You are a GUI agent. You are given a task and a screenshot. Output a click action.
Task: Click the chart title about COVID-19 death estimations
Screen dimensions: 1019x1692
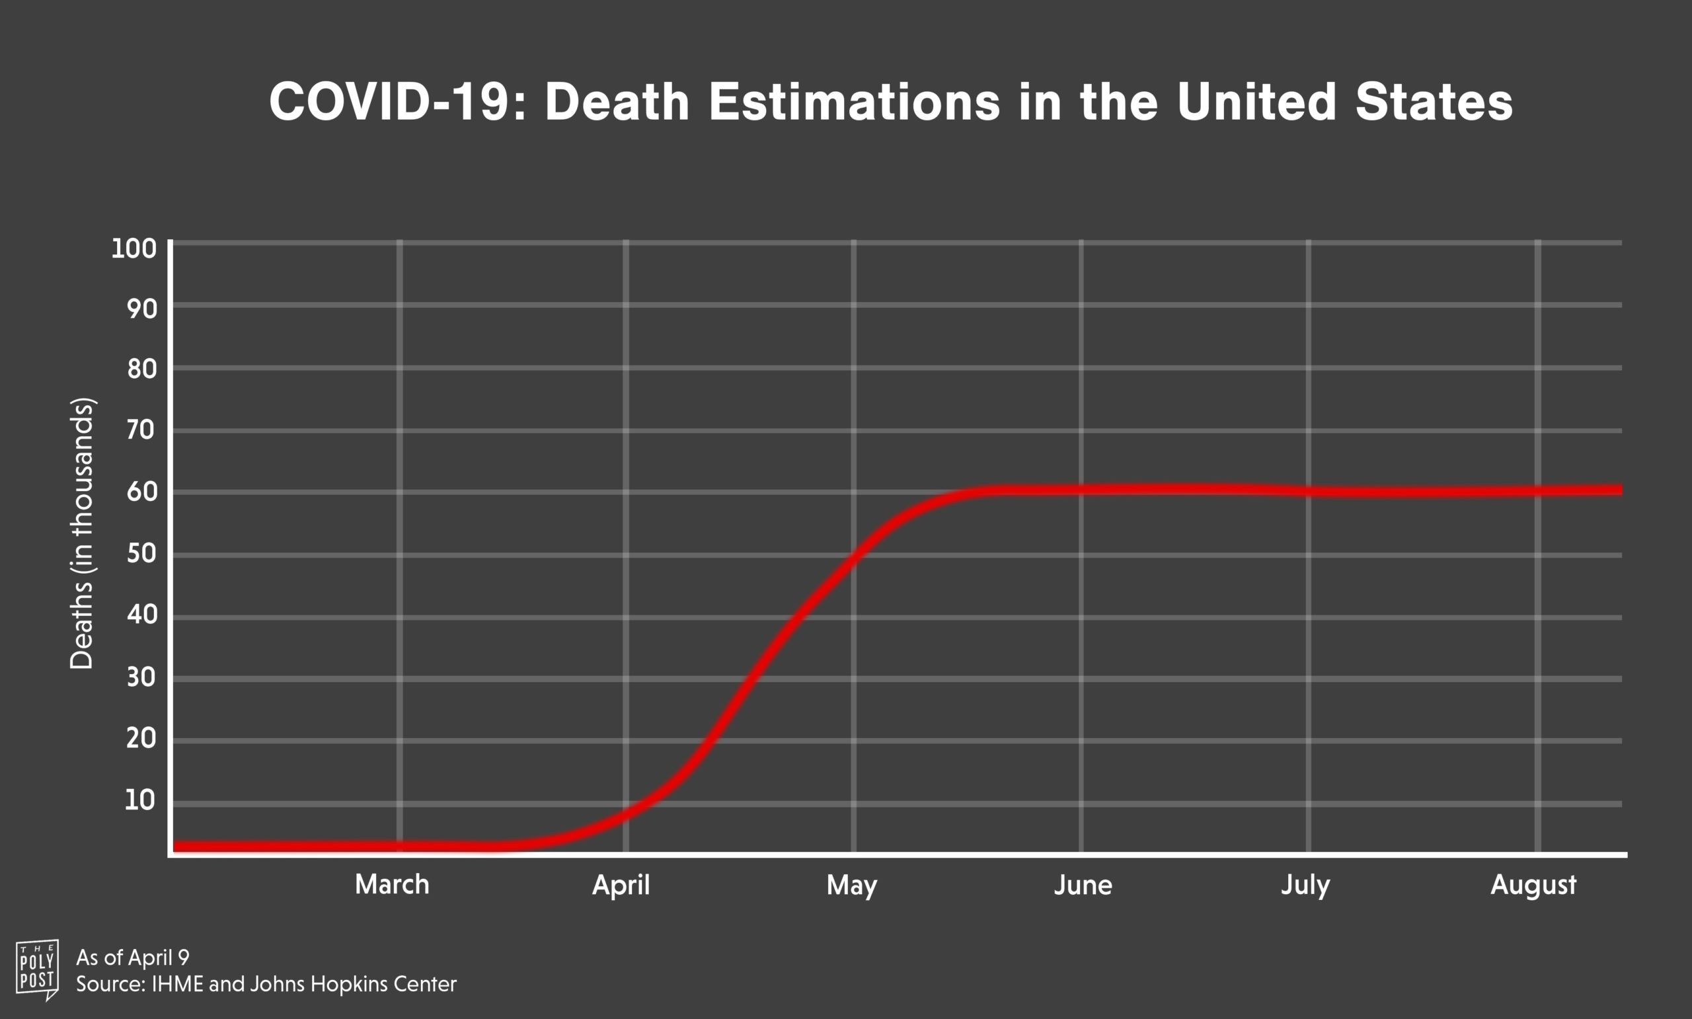point(891,102)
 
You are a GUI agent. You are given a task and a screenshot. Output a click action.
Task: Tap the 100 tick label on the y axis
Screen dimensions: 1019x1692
point(134,248)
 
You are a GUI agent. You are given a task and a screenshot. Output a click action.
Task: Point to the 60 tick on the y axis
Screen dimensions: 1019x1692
point(142,492)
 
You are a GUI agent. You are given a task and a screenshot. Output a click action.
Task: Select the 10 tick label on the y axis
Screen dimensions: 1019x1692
point(140,800)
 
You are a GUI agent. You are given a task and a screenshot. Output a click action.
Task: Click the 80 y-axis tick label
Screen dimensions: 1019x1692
point(142,369)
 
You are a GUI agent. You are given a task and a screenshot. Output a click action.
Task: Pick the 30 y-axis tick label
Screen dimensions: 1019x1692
point(142,678)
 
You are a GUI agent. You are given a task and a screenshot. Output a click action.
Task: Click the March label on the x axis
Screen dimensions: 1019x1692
point(392,884)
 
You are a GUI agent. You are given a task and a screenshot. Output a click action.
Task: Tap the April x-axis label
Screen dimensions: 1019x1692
point(621,886)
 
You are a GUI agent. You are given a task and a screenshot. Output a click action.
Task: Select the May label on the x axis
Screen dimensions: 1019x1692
point(851,886)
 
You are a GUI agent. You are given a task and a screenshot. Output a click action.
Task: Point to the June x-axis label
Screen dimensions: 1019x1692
point(1083,885)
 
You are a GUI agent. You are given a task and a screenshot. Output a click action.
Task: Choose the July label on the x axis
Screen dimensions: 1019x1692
point(1305,886)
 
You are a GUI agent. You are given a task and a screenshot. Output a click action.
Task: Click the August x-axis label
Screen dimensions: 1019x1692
point(1533,886)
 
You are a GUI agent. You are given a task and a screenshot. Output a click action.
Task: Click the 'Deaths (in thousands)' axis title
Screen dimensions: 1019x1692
point(82,533)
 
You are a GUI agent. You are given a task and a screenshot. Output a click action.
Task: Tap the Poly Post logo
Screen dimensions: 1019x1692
point(38,969)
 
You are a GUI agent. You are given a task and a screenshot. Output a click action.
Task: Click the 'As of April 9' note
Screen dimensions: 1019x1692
point(133,957)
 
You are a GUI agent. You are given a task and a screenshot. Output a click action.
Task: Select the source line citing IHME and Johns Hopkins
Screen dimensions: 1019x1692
point(266,984)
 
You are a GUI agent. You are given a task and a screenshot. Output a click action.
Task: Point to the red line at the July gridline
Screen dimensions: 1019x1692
point(1308,491)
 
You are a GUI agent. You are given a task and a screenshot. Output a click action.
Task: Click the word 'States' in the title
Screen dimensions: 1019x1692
point(1434,102)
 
